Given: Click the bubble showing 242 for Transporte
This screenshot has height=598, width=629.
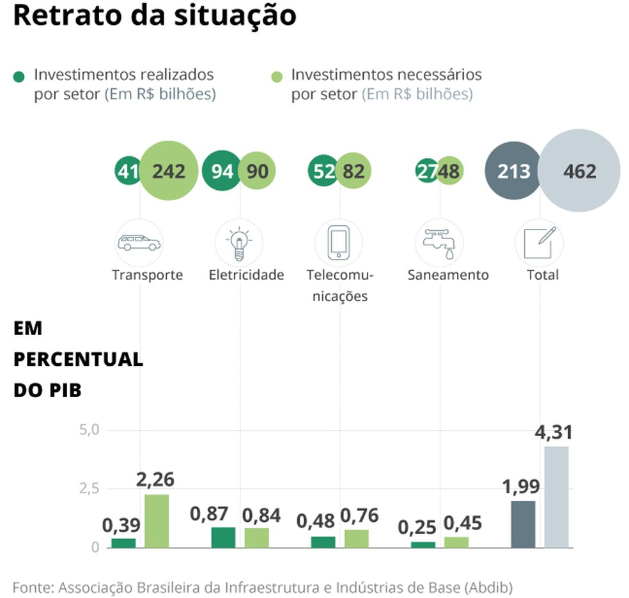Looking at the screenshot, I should pos(169,171).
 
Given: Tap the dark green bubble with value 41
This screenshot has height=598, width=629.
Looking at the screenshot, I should pos(128,171).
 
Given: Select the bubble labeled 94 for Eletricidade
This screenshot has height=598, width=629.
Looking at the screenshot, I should pos(222,171).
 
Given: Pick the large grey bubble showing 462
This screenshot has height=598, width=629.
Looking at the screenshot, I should pos(579,171).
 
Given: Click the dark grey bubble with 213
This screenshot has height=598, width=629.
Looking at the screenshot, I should pos(513,171).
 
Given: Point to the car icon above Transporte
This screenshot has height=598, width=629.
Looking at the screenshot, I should pos(139,243).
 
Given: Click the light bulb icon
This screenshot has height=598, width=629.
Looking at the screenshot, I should pos(239,243).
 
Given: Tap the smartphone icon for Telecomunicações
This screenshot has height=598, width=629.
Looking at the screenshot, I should pos(339,243).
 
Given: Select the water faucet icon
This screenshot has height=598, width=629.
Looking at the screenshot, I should pos(439,243).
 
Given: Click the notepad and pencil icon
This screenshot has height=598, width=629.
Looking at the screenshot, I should pos(539,243).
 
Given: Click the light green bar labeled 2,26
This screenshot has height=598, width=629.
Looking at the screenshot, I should pos(157,521).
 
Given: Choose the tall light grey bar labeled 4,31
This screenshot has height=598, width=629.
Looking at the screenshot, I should pos(556,497).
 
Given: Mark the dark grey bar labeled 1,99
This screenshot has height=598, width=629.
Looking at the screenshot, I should pos(523,524).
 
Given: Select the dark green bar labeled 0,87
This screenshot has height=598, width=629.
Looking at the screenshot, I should pos(223,537).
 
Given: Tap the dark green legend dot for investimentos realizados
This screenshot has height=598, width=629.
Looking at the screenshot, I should pos(19,77).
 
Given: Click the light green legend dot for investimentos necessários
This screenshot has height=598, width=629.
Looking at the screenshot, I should pos(276,77).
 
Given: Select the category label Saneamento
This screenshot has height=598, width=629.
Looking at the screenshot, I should pos(447,275).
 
